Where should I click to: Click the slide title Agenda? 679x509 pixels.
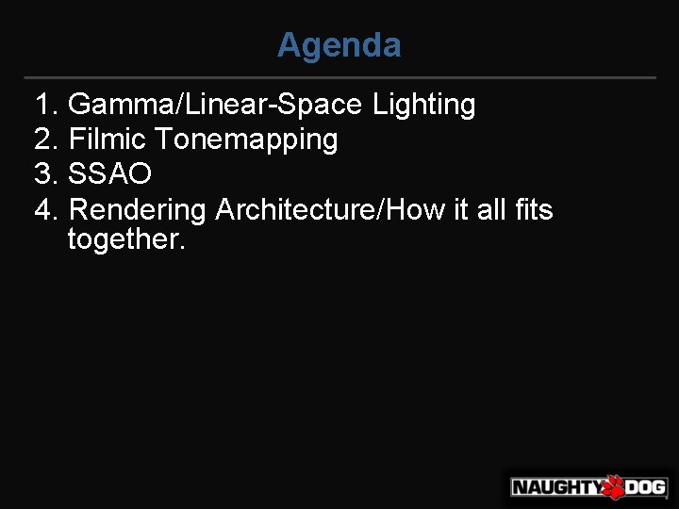[339, 45]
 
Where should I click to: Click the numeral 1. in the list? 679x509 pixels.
[46, 105]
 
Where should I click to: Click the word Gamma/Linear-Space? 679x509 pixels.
[216, 105]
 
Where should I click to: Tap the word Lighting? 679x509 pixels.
[423, 105]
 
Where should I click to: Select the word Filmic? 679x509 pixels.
[108, 140]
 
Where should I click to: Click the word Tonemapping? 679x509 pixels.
[246, 140]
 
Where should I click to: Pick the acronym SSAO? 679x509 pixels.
[110, 174]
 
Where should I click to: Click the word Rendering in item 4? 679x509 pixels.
[138, 209]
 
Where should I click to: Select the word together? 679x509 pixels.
[126, 239]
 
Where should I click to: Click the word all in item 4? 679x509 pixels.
[491, 209]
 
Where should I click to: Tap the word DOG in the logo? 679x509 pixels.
[646, 487]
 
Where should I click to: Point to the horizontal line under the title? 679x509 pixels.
[339, 77]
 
